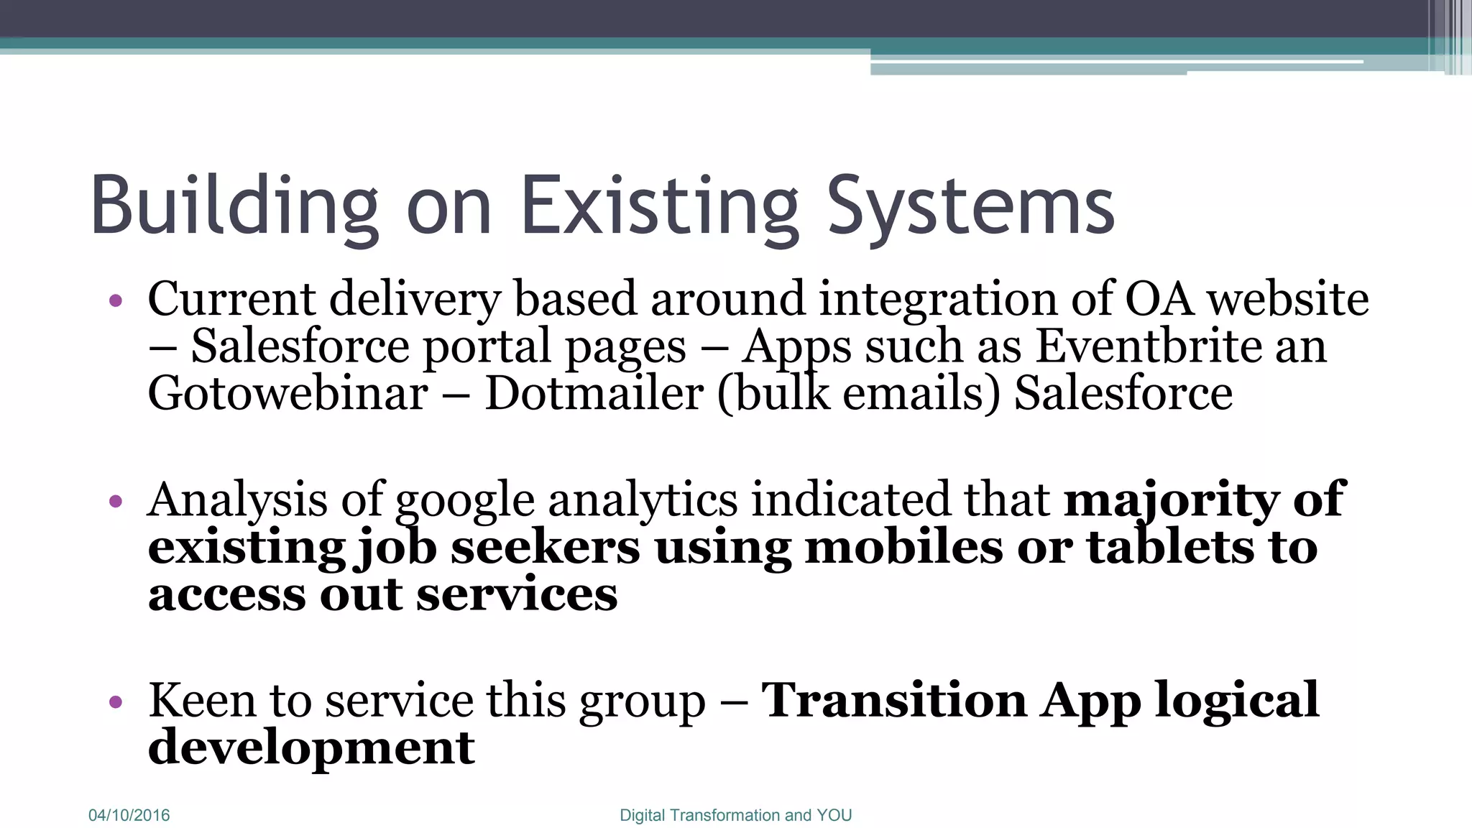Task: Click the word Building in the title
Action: click(234, 207)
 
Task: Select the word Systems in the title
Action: click(970, 207)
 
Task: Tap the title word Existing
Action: click(659, 207)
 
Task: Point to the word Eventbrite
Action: click(1149, 346)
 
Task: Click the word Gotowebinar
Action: click(287, 394)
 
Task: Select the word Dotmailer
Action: click(594, 394)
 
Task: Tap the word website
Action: click(1288, 299)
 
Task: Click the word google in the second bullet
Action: click(465, 500)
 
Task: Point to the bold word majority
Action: click(1172, 500)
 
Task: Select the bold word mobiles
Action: click(903, 548)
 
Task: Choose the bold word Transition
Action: click(894, 700)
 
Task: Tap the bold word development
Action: click(311, 747)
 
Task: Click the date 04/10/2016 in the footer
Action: click(129, 815)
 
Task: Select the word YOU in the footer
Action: click(834, 815)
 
